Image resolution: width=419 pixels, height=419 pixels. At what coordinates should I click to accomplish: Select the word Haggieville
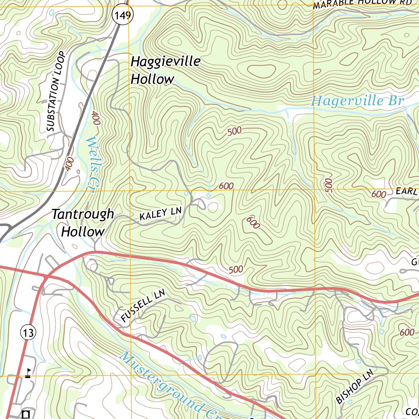click(x=165, y=62)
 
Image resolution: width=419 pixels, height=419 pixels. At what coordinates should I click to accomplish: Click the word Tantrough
click(x=83, y=214)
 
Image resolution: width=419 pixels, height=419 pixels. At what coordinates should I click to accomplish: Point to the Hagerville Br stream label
click(x=357, y=101)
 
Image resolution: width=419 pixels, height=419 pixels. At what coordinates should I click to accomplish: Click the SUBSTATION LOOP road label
click(x=56, y=91)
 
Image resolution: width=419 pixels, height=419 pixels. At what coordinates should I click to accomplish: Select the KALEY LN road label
click(x=160, y=214)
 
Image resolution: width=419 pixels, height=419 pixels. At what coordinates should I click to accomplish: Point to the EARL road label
click(x=406, y=191)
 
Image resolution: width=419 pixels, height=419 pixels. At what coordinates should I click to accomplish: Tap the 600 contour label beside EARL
click(x=378, y=194)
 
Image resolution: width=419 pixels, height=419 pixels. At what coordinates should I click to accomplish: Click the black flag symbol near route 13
click(x=28, y=373)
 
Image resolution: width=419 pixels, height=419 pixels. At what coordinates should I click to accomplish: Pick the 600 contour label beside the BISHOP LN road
click(x=406, y=332)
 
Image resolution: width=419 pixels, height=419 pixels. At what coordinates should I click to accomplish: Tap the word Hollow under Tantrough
click(x=83, y=232)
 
